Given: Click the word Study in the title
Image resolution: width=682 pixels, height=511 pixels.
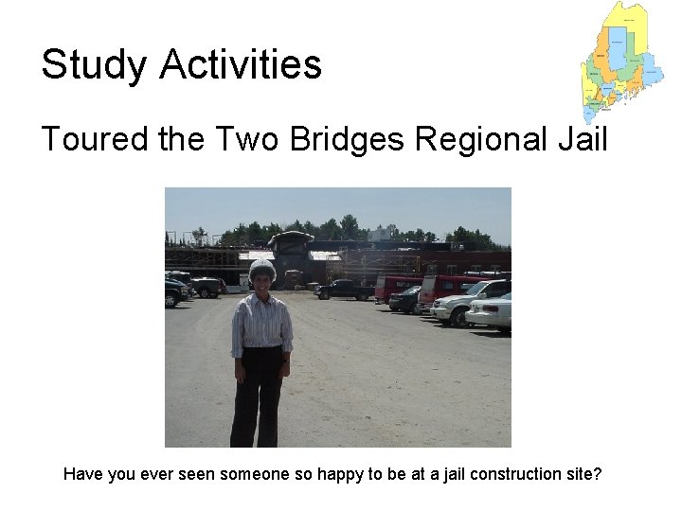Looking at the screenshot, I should [93, 66].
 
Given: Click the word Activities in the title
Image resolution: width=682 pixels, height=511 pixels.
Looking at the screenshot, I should [241, 65].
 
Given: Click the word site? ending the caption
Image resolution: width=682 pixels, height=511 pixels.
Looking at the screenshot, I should [582, 474].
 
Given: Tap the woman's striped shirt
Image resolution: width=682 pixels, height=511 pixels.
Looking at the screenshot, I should [262, 322].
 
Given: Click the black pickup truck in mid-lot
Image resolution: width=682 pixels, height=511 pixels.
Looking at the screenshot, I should [345, 290].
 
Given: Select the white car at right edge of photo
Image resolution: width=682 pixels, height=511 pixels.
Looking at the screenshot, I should [492, 311].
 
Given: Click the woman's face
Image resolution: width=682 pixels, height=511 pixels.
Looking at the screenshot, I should [261, 281].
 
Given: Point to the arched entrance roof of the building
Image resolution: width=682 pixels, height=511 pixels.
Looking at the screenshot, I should [291, 238].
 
